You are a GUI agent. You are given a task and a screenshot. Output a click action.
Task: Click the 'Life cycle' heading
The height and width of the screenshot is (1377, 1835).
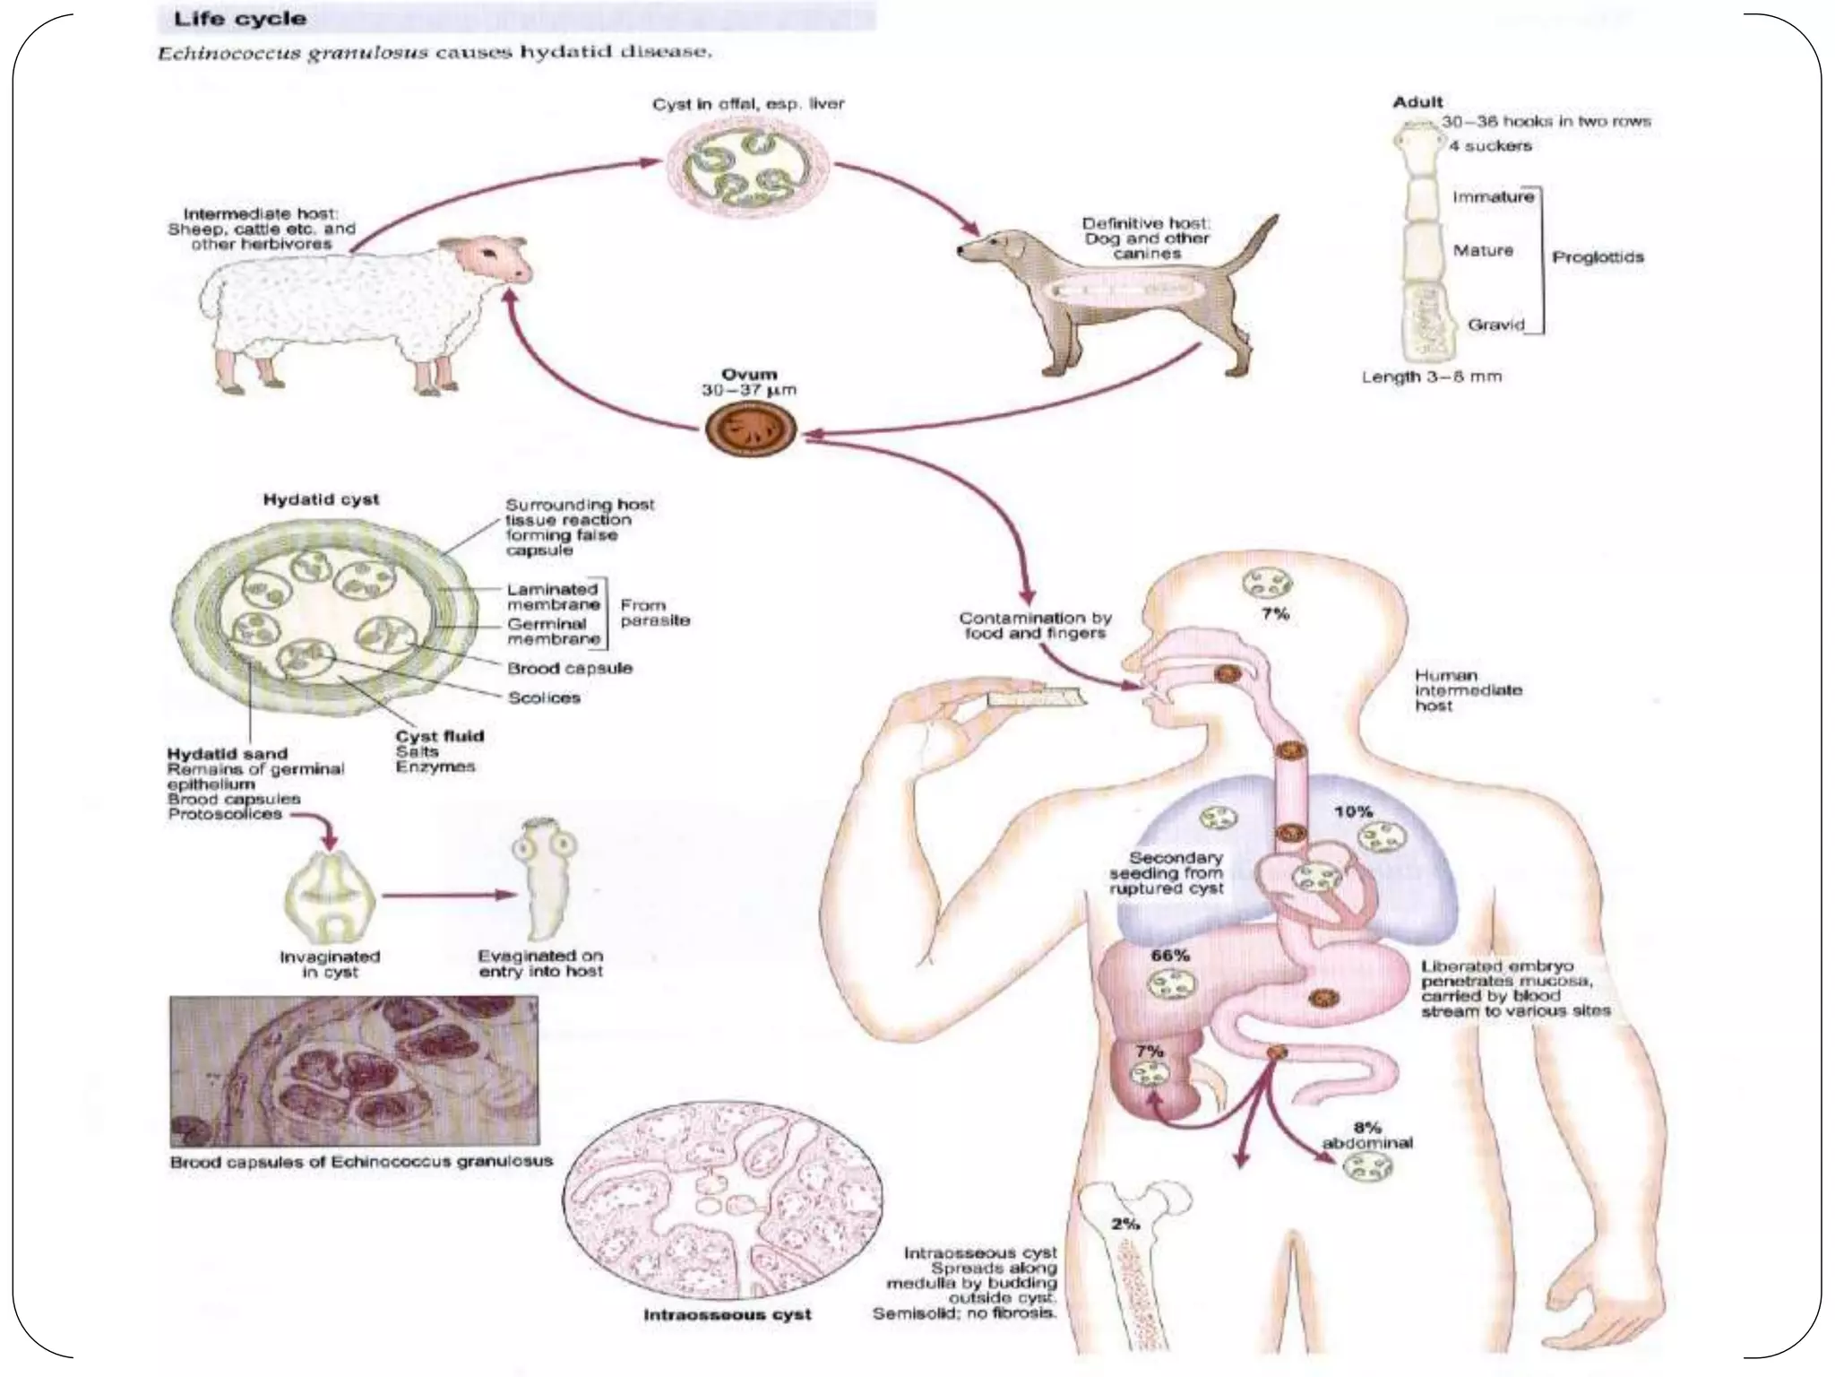239,18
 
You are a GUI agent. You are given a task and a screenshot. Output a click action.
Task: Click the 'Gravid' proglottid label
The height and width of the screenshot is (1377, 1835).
1495,325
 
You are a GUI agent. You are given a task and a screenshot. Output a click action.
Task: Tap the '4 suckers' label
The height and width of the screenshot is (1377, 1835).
1489,145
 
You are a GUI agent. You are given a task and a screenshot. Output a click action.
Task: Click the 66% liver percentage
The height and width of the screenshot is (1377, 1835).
1169,956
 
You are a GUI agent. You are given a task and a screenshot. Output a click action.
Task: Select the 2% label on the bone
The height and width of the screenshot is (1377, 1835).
1125,1224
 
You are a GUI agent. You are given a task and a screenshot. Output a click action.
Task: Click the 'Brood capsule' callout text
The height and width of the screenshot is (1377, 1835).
570,668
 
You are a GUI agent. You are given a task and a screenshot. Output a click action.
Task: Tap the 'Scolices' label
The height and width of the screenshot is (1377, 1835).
544,697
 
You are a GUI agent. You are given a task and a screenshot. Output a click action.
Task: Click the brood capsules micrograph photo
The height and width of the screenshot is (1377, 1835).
354,1071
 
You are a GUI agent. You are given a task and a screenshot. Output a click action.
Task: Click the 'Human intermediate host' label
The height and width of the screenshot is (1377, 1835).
1468,690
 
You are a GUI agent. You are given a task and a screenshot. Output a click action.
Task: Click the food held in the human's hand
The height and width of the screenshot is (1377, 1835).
1036,697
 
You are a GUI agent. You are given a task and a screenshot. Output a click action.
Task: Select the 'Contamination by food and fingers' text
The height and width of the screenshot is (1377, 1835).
1035,625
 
